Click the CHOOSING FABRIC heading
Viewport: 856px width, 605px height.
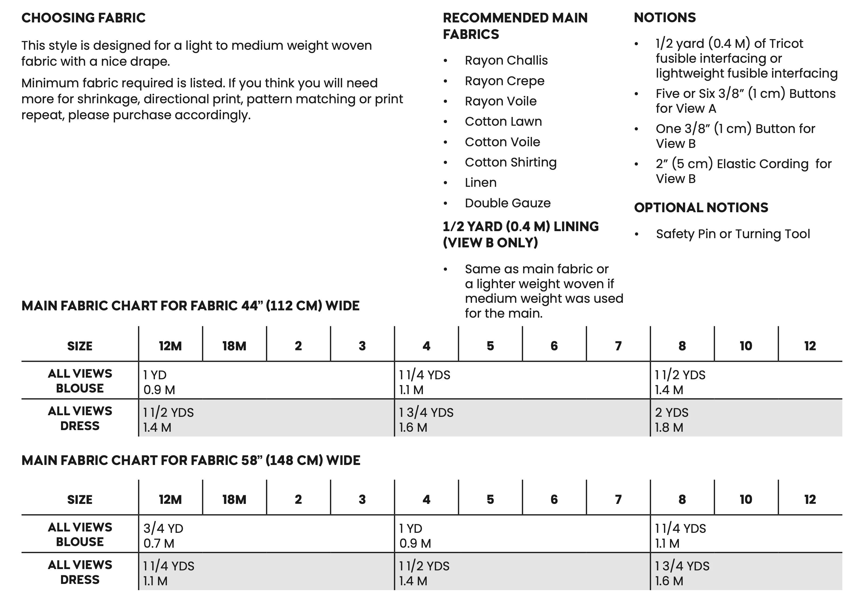pos(83,18)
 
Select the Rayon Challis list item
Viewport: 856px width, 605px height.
pos(506,61)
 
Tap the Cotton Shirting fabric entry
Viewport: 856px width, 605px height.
pos(510,162)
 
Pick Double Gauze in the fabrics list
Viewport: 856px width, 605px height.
pos(507,203)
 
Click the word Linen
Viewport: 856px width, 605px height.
pos(481,182)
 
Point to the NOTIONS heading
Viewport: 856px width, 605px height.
pos(665,18)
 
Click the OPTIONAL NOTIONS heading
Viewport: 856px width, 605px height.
pos(701,208)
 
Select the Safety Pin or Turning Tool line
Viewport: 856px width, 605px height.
pos(733,234)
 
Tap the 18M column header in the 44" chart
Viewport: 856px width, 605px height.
pos(234,346)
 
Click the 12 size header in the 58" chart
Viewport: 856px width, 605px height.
pos(810,499)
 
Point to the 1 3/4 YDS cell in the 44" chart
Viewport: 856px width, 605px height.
pos(426,413)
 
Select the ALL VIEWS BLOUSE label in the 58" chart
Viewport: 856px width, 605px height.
pos(80,534)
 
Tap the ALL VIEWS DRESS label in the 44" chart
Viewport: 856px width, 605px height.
pos(80,418)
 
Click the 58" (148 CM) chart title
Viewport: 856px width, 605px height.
pos(191,460)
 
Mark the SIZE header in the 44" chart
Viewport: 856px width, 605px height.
pos(80,346)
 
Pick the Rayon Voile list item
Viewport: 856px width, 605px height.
pos(500,101)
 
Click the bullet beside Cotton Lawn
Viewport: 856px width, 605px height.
pos(445,122)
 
